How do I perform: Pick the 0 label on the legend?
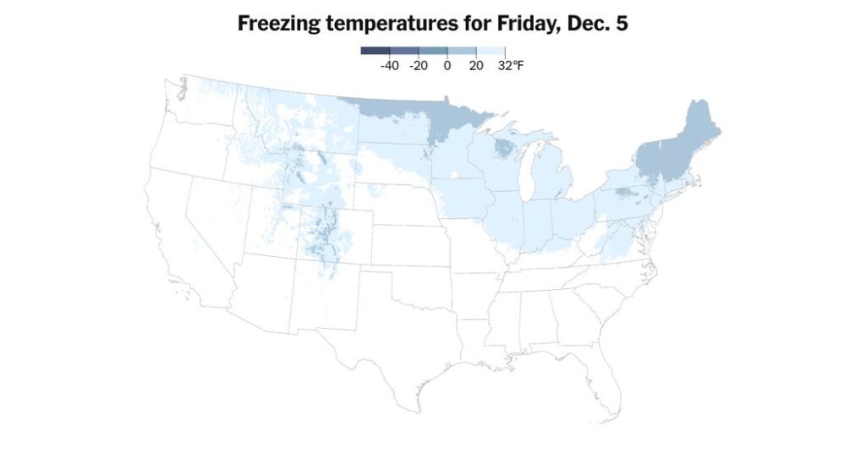tap(447, 65)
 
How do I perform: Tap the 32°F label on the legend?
tap(511, 65)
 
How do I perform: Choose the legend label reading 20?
tap(476, 65)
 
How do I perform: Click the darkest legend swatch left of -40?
tap(375, 51)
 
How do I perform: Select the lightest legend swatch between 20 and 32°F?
tap(491, 51)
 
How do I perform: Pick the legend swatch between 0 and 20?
tap(462, 51)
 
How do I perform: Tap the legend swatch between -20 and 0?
tap(433, 51)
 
